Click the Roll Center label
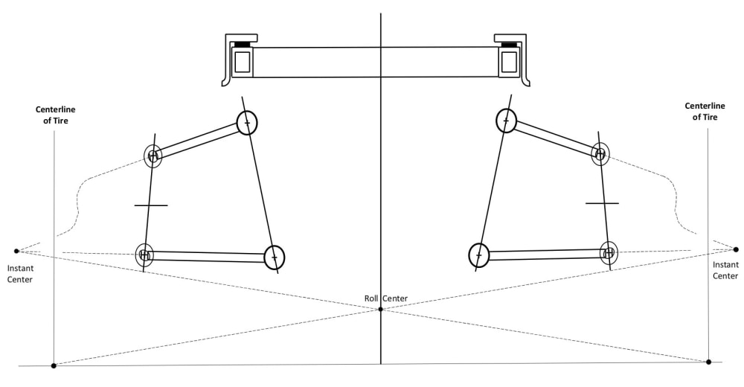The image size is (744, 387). pos(385,298)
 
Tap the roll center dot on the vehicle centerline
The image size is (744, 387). pos(380,309)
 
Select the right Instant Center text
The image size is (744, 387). pos(725,270)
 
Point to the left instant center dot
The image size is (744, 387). pos(16,251)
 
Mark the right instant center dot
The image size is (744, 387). pos(736,249)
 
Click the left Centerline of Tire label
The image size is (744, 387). pos(56,115)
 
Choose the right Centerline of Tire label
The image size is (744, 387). pos(704,111)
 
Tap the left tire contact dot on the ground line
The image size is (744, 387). pos(54,365)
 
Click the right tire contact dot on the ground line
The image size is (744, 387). pos(708,362)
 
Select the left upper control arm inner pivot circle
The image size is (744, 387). pos(247,122)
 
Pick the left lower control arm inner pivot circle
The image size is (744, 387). pos(275,258)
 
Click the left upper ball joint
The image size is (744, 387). pos(153,156)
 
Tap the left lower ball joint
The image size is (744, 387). pos(144,255)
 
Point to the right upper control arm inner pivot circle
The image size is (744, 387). pos(506,120)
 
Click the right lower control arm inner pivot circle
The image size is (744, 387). pos(478,255)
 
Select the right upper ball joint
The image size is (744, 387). pos(600,154)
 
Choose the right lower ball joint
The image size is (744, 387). pos(609,252)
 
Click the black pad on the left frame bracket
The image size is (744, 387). pos(242,45)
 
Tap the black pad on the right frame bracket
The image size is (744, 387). pos(509,45)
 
